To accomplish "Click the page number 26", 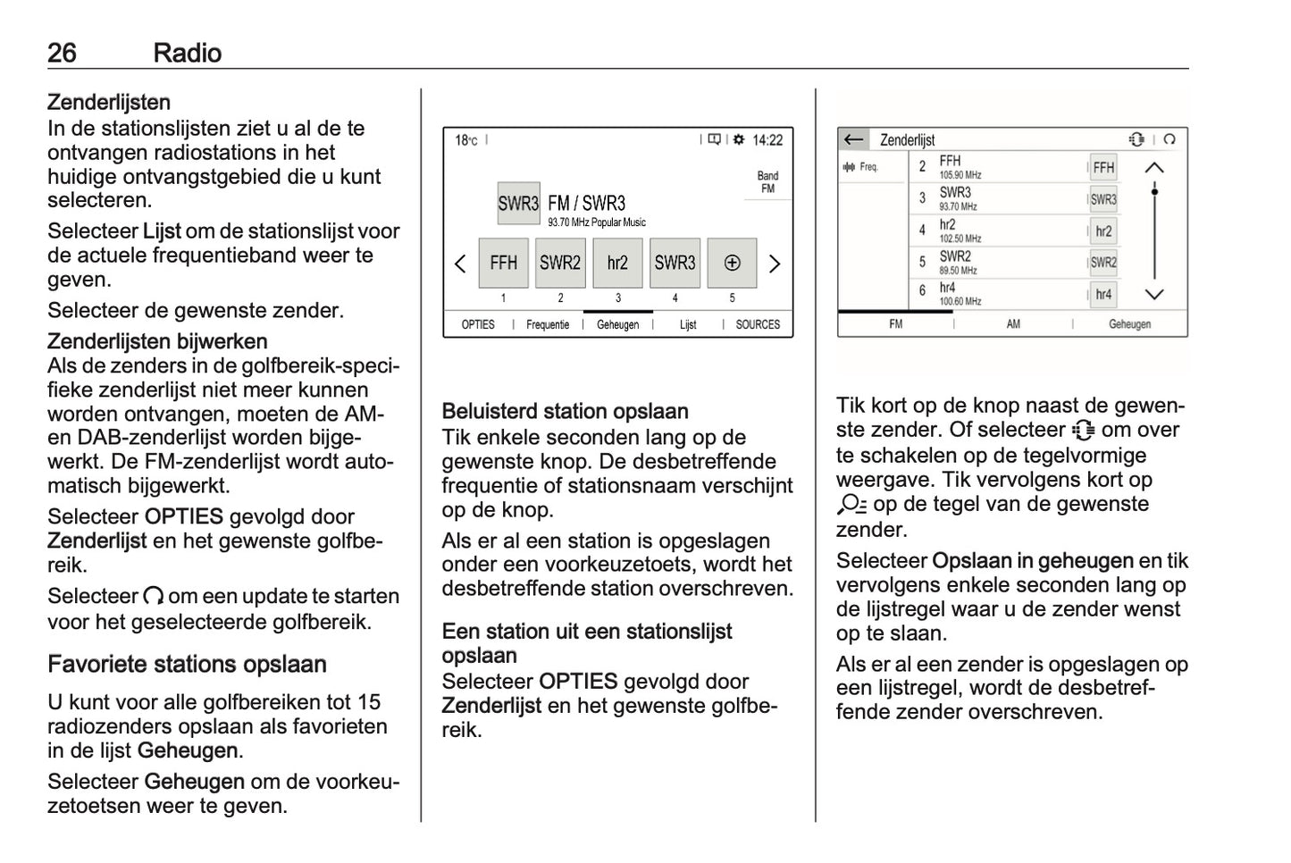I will tap(62, 53).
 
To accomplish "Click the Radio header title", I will tap(187, 53).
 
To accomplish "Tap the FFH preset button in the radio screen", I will tap(503, 263).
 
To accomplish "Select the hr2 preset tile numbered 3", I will tap(617, 263).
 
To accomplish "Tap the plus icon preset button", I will tap(732, 263).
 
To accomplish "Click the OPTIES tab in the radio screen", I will tap(478, 324).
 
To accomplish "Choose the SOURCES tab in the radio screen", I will tap(758, 324).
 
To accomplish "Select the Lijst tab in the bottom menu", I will tap(688, 324).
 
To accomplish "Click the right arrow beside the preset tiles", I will tap(775, 264).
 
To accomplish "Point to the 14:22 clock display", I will tap(767, 140).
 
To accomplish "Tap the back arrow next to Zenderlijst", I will tap(853, 139).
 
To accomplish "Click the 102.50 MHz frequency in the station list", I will tap(960, 239).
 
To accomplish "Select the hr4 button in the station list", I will tap(1103, 294).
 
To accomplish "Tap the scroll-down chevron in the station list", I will tap(1154, 294).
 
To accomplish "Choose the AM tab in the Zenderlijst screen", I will tap(1013, 324).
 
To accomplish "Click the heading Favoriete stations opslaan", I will tap(187, 665).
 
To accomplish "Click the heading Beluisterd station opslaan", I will tap(565, 412).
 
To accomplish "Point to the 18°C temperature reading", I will tap(465, 140).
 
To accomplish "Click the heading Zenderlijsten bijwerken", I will tap(157, 341).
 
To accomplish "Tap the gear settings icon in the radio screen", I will tap(739, 139).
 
